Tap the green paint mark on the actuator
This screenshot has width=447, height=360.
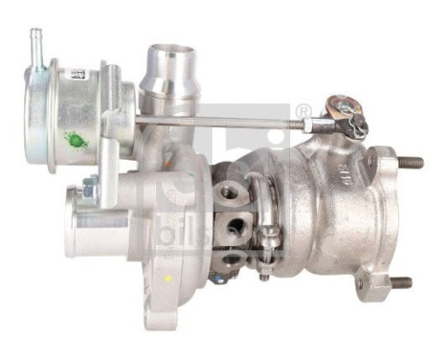[75, 141]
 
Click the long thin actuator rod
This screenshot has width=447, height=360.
[230, 121]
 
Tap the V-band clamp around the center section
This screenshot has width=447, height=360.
[267, 215]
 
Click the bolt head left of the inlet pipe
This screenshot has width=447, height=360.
[90, 187]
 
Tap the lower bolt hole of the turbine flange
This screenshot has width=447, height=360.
[361, 283]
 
